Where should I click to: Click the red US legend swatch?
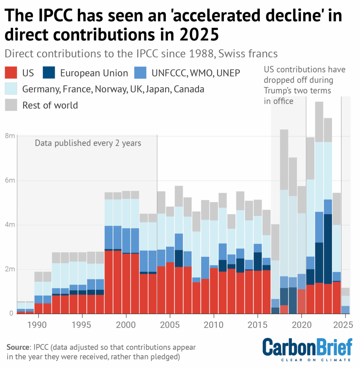[11, 73]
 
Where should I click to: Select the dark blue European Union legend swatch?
[48, 73]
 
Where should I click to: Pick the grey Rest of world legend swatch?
[11, 105]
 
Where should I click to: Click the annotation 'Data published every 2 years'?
[88, 143]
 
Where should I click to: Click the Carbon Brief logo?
[307, 349]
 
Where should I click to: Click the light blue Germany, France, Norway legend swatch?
[11, 89]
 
